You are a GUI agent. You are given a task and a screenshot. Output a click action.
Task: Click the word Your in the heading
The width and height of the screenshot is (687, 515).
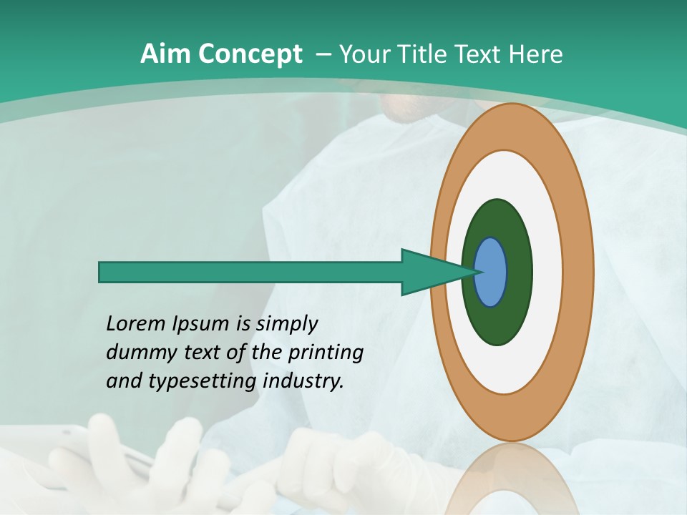pyautogui.click(x=362, y=54)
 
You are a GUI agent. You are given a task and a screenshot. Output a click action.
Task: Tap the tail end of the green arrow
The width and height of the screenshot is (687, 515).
pyautogui.click(x=101, y=273)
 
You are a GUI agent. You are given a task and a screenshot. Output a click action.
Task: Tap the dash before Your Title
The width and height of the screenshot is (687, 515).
pyautogui.click(x=323, y=54)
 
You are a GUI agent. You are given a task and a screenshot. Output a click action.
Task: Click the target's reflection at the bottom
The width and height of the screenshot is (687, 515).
pyautogui.click(x=512, y=479)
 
